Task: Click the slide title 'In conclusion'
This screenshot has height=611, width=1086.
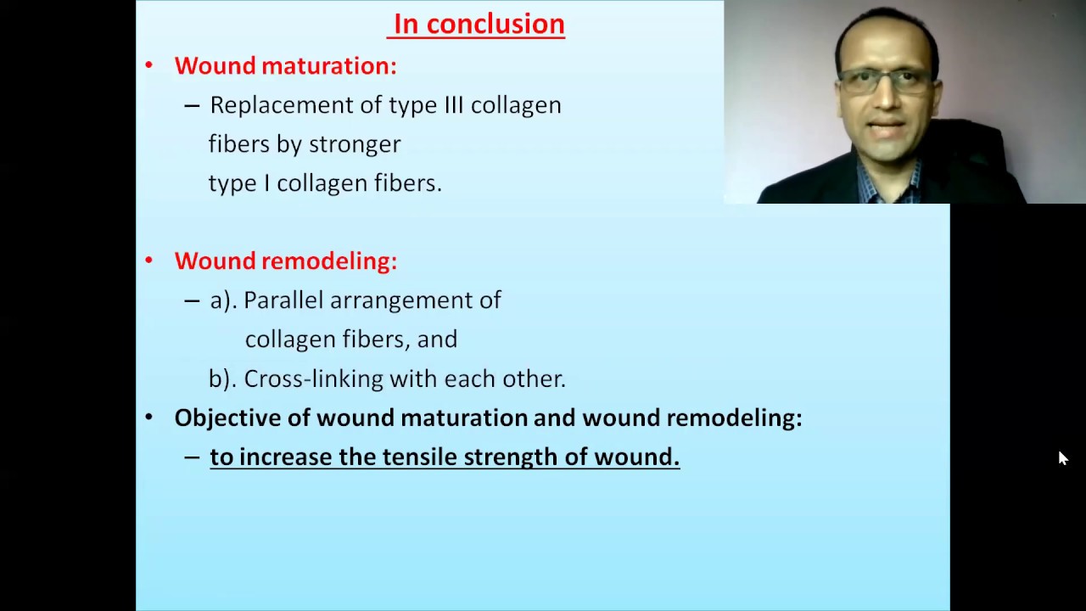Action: [x=479, y=25]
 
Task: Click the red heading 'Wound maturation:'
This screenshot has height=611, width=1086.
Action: [x=285, y=66]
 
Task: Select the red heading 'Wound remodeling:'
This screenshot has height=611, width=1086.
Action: [x=285, y=261]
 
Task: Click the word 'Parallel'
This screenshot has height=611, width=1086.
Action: [x=283, y=300]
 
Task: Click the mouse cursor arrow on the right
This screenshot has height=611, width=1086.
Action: [x=1062, y=458]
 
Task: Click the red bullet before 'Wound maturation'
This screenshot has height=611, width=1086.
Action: [x=149, y=66]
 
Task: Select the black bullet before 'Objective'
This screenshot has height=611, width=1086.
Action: [x=149, y=418]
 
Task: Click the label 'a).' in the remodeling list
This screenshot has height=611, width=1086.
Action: [x=223, y=300]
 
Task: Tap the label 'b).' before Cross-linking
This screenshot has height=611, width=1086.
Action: [x=223, y=378]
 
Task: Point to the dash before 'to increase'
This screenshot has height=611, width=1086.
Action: [x=192, y=457]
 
